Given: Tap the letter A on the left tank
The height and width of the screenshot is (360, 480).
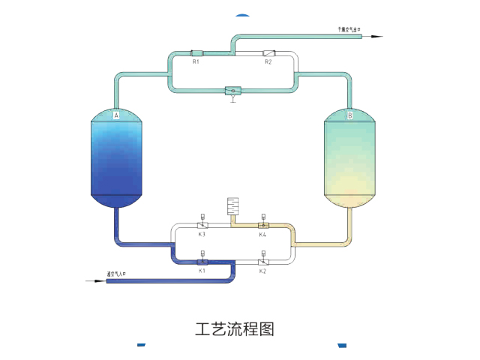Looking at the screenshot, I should pyautogui.click(x=116, y=115).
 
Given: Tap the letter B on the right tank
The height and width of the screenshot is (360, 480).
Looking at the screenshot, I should pyautogui.click(x=349, y=115).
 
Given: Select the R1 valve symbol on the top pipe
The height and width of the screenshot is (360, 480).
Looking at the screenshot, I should pyautogui.click(x=196, y=53).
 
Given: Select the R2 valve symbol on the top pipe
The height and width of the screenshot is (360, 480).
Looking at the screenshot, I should pyautogui.click(x=268, y=53).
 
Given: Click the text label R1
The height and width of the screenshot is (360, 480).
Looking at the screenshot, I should pyautogui.click(x=196, y=62).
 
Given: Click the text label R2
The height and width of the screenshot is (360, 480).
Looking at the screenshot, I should pyautogui.click(x=268, y=62).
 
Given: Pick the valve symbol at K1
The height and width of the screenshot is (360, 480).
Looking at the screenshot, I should pyautogui.click(x=202, y=262).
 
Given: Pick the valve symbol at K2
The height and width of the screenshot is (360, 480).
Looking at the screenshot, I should pyautogui.click(x=263, y=262).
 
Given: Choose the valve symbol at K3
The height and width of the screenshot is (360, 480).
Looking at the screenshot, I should pyautogui.click(x=202, y=225).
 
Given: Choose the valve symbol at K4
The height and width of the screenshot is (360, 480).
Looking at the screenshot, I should pyautogui.click(x=263, y=225).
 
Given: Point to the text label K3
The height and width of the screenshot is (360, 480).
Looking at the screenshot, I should pyautogui.click(x=202, y=235).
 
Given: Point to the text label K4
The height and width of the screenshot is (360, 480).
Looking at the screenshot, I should pyautogui.click(x=262, y=235).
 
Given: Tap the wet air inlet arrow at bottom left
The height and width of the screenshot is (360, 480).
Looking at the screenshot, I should pyautogui.click(x=97, y=281).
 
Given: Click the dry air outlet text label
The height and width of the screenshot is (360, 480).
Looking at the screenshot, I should pyautogui.click(x=349, y=29).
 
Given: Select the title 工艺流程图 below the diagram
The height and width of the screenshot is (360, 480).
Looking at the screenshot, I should pyautogui.click(x=235, y=329).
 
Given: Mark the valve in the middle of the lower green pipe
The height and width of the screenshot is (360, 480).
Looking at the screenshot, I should pyautogui.click(x=233, y=91).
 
